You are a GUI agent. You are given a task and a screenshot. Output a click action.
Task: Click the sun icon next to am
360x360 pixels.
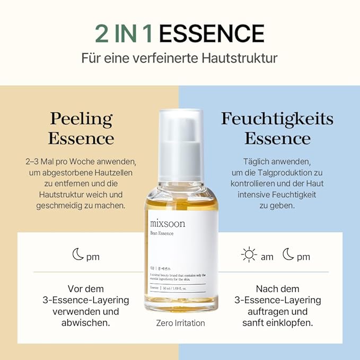(249, 256)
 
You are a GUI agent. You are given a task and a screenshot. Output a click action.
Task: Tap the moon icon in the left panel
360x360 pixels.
(78, 256)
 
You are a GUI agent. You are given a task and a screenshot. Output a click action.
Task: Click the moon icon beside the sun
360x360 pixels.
(288, 256)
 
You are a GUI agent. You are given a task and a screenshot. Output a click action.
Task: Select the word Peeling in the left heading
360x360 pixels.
(81, 119)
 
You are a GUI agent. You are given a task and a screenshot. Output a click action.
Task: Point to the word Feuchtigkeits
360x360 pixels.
(277, 119)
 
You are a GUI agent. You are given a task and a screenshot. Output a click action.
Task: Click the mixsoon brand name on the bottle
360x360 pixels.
(168, 223)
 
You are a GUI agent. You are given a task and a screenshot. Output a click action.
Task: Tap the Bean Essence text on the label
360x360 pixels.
(162, 233)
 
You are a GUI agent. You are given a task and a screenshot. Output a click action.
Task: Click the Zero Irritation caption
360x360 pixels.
(180, 323)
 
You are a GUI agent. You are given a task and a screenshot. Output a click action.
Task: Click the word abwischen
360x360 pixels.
(85, 323)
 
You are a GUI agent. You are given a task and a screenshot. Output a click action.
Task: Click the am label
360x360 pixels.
(267, 257)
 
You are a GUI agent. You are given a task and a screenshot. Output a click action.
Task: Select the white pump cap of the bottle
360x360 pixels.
(180, 133)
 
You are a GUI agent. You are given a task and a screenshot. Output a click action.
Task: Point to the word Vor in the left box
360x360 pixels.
(75, 289)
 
